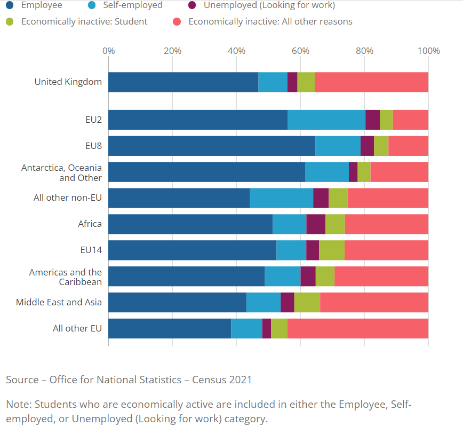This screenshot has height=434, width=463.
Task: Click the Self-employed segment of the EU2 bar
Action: coord(326,120)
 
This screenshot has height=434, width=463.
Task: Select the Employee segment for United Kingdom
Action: coord(183,82)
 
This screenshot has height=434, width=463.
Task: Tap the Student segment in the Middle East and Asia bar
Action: coord(307,302)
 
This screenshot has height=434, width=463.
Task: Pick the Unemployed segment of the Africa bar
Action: coord(316,224)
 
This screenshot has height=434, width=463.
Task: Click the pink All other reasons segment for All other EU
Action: coord(358,328)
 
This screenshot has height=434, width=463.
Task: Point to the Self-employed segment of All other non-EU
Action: coord(281,198)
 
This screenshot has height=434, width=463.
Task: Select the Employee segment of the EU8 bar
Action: coord(212,146)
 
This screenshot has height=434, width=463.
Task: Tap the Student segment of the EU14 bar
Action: coord(331,250)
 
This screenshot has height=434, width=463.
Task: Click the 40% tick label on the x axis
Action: coord(236,51)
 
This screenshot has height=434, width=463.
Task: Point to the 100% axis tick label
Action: coord(429,51)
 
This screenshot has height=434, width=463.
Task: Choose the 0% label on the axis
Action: coord(108,51)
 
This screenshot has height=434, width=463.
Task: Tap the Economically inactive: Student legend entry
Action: coord(84,22)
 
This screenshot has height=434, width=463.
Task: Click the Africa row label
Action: coord(90,224)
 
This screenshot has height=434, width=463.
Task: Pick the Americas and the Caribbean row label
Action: coord(65,277)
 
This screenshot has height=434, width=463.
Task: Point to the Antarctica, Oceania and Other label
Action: coord(61,172)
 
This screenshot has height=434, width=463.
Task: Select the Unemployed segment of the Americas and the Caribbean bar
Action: coord(308,276)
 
